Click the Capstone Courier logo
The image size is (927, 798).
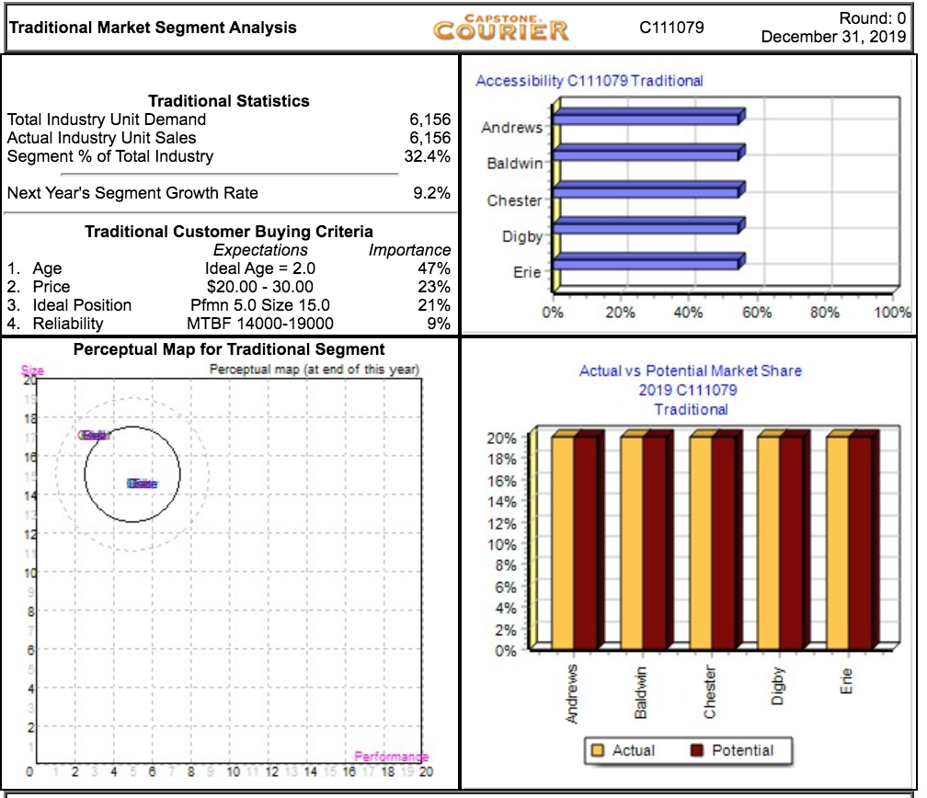[x=501, y=27]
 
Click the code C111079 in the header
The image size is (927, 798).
[x=671, y=28]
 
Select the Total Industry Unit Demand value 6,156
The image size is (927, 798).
[x=429, y=120]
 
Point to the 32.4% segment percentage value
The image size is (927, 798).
[x=428, y=156]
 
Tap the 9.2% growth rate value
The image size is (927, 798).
[x=432, y=193]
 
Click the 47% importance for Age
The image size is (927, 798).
[x=434, y=268]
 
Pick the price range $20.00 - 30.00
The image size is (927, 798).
[x=260, y=287]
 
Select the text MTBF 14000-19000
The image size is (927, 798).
[x=260, y=324]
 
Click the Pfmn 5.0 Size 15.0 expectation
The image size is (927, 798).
[x=260, y=305]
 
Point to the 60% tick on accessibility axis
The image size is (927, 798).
[x=758, y=313]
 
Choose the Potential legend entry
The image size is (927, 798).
[x=732, y=750]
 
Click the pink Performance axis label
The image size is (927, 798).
[x=391, y=757]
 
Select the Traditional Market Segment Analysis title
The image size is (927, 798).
[x=153, y=28]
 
